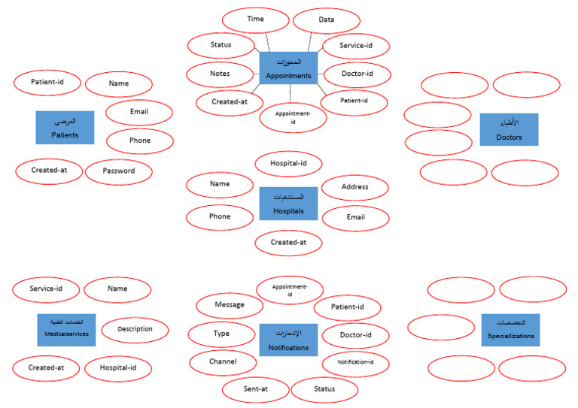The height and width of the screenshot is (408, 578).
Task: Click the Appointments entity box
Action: (289, 68)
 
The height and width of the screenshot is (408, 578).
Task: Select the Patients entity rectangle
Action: (65, 128)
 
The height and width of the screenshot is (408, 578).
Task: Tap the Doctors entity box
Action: (509, 129)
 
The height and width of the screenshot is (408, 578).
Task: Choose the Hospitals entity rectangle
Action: (289, 204)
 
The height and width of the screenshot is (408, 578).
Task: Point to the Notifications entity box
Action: (289, 340)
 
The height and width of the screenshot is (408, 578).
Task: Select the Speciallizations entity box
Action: (510, 330)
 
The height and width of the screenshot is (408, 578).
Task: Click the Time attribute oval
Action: (256, 20)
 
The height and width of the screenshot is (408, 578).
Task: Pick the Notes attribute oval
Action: (220, 74)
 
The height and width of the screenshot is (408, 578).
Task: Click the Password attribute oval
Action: (119, 171)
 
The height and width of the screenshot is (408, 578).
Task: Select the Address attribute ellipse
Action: (355, 188)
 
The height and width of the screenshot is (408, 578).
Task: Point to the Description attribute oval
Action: (135, 328)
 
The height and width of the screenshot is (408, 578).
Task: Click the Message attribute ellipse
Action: (230, 305)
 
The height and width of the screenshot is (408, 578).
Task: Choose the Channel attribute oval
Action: (223, 362)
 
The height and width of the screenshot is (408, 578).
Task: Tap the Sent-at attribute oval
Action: (255, 389)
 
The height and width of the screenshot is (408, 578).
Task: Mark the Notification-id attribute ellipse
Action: (355, 363)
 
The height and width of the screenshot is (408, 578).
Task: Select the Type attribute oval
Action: (221, 334)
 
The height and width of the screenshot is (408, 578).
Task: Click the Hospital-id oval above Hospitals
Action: (290, 162)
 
